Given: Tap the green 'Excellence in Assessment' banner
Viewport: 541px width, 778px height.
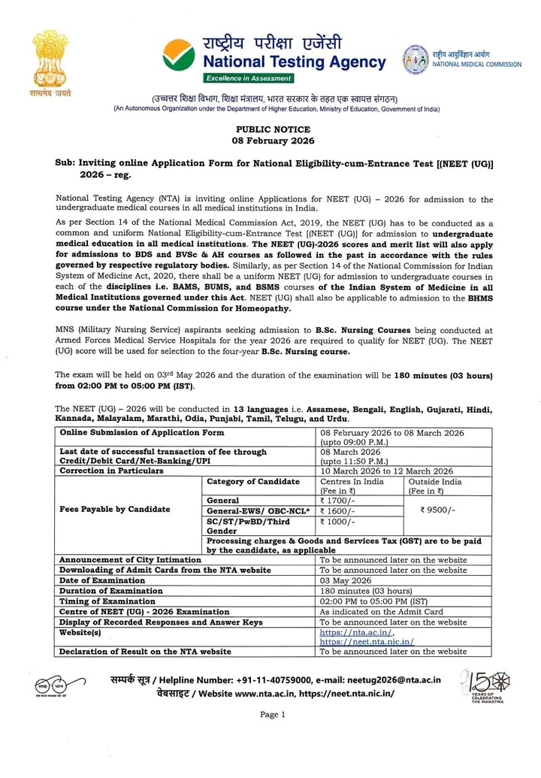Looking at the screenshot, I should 249,78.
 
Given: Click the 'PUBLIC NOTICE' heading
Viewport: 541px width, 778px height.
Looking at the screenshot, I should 273,129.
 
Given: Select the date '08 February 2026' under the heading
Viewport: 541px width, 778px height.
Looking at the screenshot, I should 273,141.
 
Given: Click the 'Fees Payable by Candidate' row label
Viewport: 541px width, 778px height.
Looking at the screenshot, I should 114,510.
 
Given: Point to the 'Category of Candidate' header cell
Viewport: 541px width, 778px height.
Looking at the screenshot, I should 252,482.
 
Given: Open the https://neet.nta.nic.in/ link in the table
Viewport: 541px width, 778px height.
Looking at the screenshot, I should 367,642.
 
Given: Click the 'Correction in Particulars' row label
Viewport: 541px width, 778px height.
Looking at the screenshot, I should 111,471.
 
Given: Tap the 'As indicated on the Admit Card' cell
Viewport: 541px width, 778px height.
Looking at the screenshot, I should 381,612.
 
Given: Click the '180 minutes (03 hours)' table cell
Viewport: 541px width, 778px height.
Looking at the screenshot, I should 367,591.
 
